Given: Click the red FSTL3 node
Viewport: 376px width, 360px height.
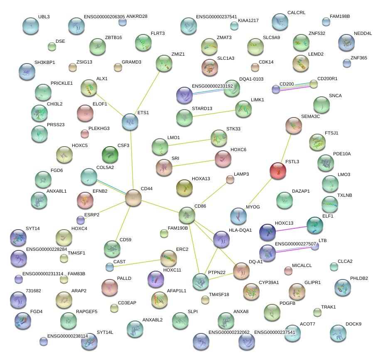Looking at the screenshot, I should tap(278, 171).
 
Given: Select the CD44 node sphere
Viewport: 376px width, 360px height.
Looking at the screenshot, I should tap(133, 198).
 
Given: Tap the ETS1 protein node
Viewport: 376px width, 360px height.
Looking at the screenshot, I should tap(130, 122).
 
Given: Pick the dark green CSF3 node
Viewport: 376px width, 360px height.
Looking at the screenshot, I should tap(110, 154).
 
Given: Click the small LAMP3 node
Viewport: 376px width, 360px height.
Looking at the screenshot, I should tap(230, 179).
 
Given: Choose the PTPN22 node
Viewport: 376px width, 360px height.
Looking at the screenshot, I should tap(201, 282).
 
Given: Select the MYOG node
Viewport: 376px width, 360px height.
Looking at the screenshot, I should tap(238, 216).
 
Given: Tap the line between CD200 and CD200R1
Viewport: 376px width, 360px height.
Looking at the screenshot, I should tap(295, 86).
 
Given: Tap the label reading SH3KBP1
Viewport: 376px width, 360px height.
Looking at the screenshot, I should tap(44, 62).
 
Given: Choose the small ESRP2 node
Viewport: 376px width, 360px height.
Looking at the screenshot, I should tap(80, 220).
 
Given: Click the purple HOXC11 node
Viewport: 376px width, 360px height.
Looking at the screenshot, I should tap(156, 279).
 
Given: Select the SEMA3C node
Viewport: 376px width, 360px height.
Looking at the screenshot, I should tap(294, 125).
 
